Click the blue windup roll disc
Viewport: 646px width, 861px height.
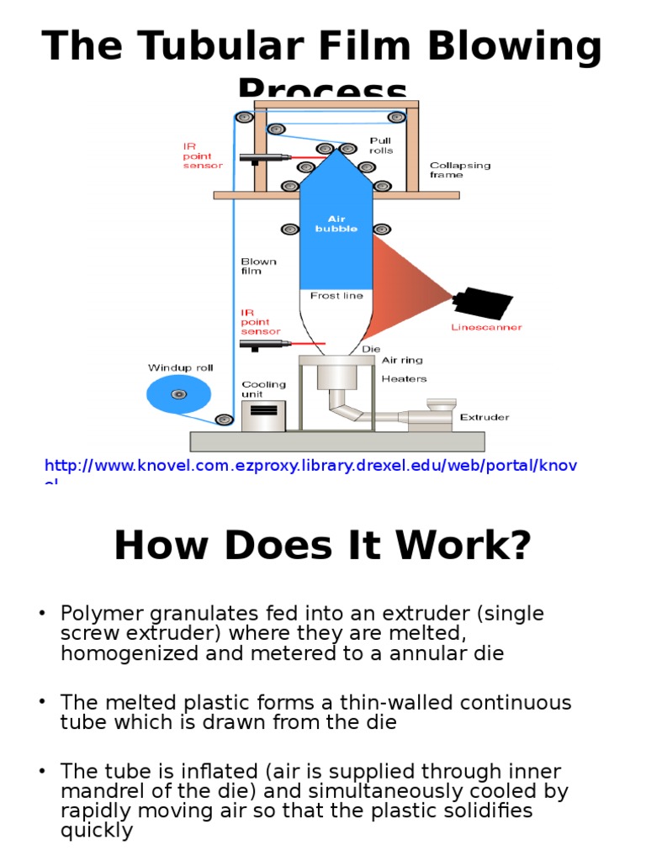click(177, 394)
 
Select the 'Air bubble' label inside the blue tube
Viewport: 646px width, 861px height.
click(336, 224)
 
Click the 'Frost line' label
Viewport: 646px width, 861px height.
click(336, 295)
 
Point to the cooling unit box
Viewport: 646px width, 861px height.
click(263, 415)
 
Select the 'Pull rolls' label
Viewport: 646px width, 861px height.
click(380, 145)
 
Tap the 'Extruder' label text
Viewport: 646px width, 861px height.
click(484, 417)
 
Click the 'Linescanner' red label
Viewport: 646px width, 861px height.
click(486, 327)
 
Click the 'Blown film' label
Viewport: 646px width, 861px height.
click(259, 266)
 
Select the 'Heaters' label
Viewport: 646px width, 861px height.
click(405, 379)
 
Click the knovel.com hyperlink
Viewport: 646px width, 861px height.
click(310, 466)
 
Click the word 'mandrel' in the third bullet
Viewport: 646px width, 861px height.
click(102, 791)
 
